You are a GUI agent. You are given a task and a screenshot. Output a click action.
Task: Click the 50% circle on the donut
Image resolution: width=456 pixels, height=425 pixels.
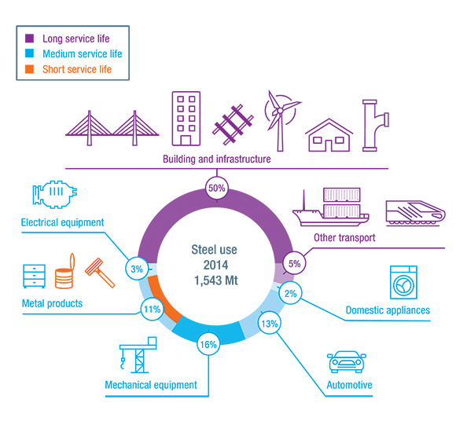coord(217,189)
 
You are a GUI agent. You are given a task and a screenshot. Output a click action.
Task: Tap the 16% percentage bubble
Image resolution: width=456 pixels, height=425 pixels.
coord(208,344)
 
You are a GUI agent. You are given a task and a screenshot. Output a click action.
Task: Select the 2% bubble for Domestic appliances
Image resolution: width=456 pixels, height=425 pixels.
coord(290,293)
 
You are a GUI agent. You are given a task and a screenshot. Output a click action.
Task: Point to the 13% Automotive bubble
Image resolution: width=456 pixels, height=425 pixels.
coord(270,323)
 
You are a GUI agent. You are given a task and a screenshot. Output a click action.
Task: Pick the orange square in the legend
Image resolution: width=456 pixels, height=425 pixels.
coord(29,69)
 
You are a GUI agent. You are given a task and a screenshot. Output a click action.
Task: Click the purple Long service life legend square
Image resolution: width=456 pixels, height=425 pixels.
coord(29,38)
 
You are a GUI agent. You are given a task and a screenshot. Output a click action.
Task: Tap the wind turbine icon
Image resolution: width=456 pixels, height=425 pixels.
coord(281,120)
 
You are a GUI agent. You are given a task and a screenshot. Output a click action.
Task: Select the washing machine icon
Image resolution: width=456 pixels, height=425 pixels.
coord(403,282)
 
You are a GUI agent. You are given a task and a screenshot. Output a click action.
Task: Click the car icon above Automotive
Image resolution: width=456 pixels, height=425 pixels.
coord(347,361)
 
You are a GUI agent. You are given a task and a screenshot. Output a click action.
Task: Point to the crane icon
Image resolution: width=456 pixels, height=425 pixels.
coord(138,355)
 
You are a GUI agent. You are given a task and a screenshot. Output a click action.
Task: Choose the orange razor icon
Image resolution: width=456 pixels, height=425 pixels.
coord(100,273)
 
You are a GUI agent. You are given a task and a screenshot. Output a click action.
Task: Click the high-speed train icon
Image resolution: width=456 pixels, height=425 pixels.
coord(415,213)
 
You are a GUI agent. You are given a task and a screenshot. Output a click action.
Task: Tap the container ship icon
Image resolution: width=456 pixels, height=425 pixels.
coord(331,207)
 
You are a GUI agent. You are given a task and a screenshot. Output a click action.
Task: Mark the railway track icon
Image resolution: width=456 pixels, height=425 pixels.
coord(233,125)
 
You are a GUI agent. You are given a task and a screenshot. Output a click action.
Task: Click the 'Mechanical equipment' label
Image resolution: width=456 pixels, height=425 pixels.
coord(151,385)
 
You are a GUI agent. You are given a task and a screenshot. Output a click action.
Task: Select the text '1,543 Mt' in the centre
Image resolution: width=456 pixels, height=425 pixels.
coord(215,280)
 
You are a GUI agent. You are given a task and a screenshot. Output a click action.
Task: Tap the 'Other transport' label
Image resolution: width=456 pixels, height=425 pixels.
coord(344,237)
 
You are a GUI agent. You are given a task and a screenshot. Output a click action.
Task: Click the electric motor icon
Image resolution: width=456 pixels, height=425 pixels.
coord(55,194)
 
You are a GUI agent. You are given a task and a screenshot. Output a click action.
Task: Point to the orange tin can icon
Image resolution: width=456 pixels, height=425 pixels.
coord(64,271)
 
